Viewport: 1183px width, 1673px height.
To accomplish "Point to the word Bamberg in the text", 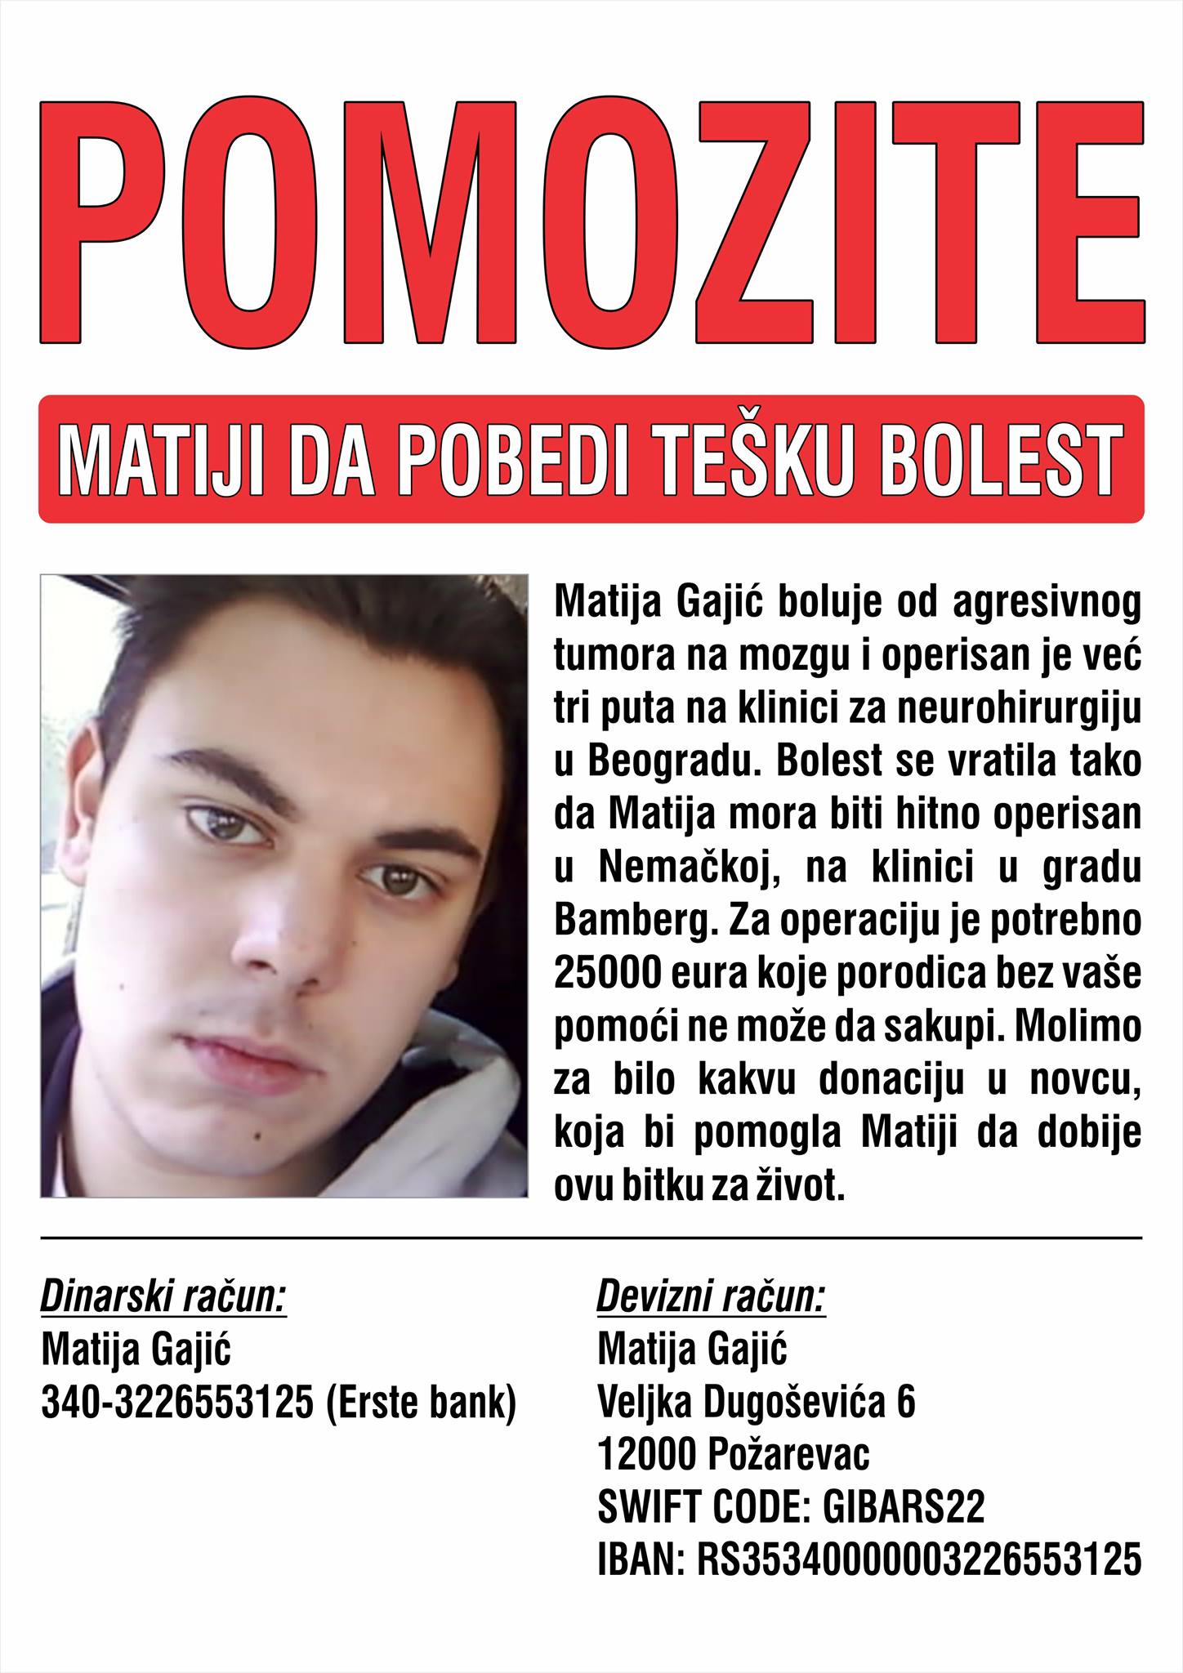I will click(620, 920).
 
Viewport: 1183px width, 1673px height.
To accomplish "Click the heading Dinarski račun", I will click(163, 1297).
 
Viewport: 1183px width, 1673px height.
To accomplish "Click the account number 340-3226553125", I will click(177, 1403).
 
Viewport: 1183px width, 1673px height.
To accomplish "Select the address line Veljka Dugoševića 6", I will click(756, 1403).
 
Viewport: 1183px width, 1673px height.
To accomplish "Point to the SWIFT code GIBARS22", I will click(903, 1508).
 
